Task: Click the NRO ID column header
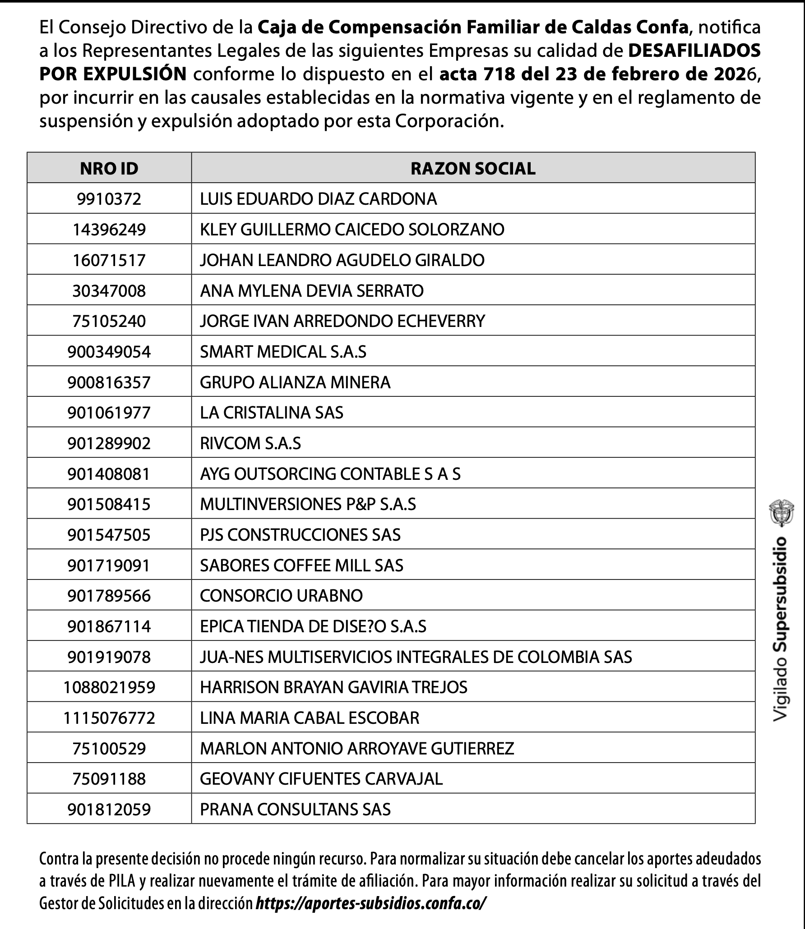[x=109, y=168]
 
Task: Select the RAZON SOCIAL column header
[x=473, y=168]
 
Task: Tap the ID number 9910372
[x=109, y=199]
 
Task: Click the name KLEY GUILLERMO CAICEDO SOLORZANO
[x=352, y=230]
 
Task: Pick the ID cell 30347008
[x=109, y=291]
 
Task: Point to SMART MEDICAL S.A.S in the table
[x=283, y=352]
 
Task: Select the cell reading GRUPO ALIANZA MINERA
[x=295, y=382]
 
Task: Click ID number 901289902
[x=109, y=443]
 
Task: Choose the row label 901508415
[x=109, y=504]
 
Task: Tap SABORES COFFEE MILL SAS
[x=301, y=566]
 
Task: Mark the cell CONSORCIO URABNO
[x=281, y=596]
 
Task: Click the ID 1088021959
[x=109, y=687]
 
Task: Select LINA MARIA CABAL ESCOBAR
[x=310, y=718]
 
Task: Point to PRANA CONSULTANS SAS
[x=295, y=809]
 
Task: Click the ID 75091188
[x=109, y=779]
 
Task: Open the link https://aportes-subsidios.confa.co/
[x=371, y=904]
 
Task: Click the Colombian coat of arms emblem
[x=781, y=512]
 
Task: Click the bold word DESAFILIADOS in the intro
[x=694, y=51]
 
